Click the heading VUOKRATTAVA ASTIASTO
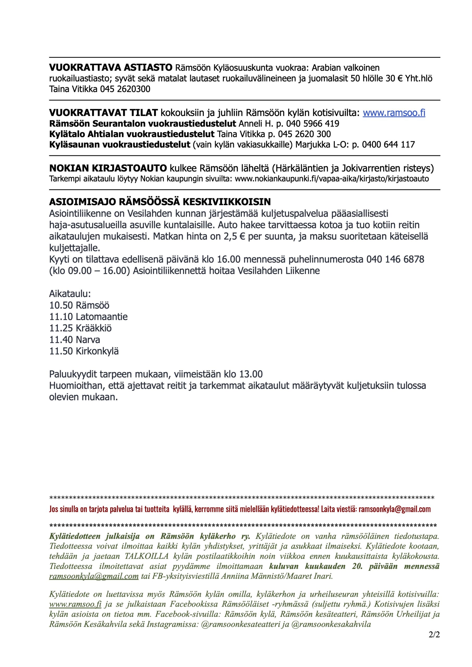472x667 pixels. [110, 68]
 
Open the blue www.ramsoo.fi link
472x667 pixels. [394, 113]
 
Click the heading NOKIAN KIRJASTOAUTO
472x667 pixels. [108, 168]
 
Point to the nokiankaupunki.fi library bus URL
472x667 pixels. [332, 179]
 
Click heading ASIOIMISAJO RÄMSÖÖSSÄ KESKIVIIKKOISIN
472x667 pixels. [160, 202]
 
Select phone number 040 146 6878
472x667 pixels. [395, 259]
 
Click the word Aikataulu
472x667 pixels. [70, 294]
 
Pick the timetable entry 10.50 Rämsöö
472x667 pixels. [79, 305]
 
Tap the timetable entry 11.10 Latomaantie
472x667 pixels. [88, 317]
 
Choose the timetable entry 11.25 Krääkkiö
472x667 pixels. [80, 328]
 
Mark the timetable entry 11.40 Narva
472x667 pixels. [75, 339]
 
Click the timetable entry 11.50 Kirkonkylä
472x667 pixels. [84, 351]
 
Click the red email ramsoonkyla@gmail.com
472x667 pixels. [394, 509]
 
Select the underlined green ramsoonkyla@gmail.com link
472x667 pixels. [94, 576]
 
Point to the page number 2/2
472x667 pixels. [434, 635]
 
